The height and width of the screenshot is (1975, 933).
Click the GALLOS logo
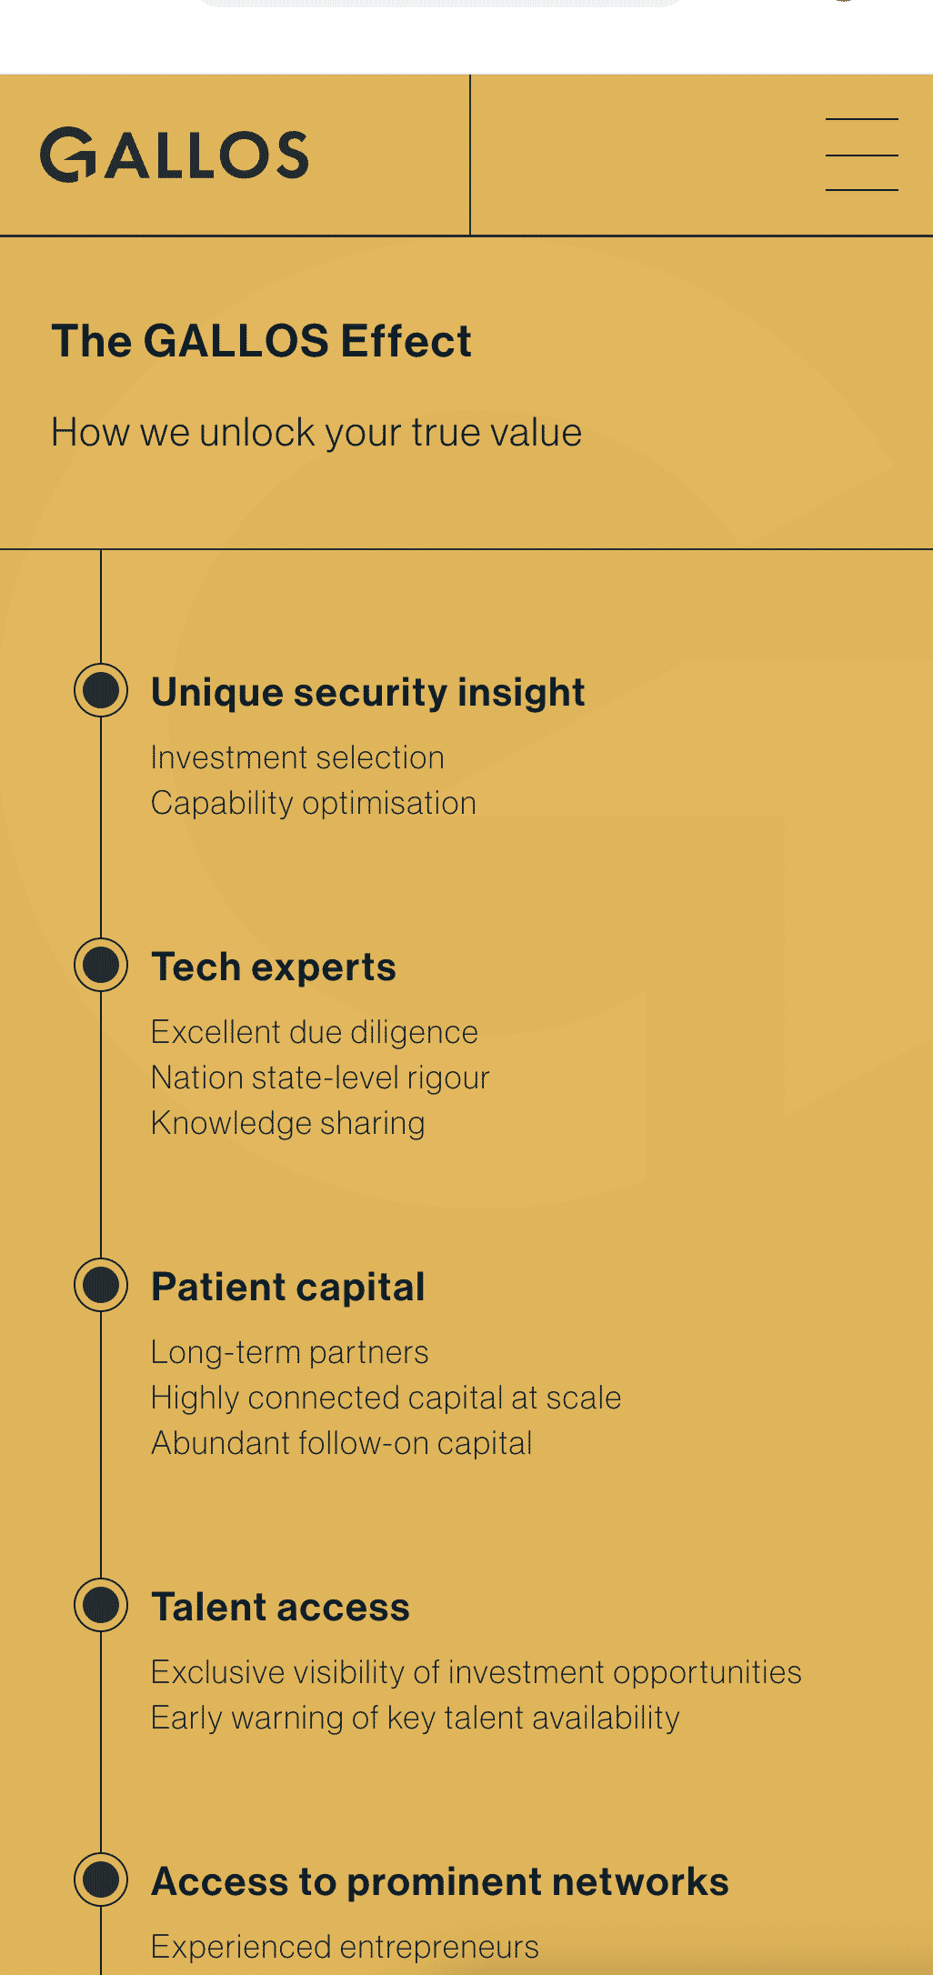(175, 155)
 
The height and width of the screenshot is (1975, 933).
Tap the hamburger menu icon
(861, 155)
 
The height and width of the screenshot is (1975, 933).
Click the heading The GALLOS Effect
(262, 341)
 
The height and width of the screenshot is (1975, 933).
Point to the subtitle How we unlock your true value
(316, 433)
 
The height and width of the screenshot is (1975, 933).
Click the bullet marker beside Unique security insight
(101, 690)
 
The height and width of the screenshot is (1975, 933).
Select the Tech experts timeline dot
(101, 965)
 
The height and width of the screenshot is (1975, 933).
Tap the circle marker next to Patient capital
(101, 1285)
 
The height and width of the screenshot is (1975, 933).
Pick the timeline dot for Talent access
(101, 1605)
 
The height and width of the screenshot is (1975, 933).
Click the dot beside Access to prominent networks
(101, 1880)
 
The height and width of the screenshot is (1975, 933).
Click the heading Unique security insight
(367, 693)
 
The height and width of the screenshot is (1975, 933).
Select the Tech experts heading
(274, 967)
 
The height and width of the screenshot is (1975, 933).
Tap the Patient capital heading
(288, 1288)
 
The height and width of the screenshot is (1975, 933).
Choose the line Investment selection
(297, 757)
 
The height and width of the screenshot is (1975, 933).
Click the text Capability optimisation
(314, 804)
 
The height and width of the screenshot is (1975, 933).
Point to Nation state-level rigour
(320, 1078)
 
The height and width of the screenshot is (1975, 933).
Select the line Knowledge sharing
(288, 1124)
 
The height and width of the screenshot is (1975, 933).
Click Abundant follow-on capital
(342, 1444)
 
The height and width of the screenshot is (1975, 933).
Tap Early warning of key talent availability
(416, 1719)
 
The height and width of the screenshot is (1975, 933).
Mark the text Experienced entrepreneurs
(345, 1948)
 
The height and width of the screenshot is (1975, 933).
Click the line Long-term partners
(289, 1353)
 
